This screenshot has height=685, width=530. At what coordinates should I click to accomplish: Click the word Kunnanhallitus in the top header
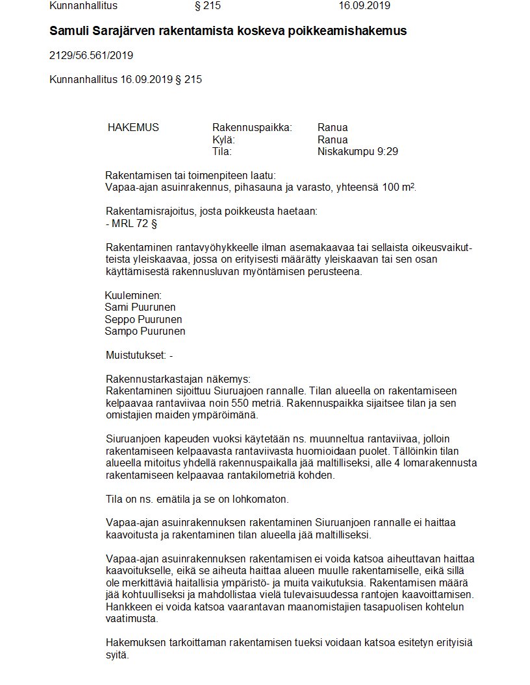click(x=82, y=6)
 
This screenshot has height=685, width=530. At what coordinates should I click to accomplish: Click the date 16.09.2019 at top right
click(x=364, y=6)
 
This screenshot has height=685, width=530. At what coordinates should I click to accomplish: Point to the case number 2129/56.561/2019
click(x=92, y=56)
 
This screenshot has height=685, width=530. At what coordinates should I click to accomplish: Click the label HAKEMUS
click(x=133, y=127)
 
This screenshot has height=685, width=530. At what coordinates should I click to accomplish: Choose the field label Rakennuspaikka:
click(x=252, y=127)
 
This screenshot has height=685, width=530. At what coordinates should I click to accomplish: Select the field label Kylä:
click(x=223, y=139)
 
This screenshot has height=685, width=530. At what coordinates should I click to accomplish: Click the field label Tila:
click(x=222, y=152)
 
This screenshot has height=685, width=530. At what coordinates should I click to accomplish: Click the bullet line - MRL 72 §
click(x=131, y=224)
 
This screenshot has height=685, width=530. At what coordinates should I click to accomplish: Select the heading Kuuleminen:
click(x=132, y=295)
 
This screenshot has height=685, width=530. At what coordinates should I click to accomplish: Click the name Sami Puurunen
click(x=140, y=307)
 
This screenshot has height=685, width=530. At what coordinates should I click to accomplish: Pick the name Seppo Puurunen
click(x=143, y=319)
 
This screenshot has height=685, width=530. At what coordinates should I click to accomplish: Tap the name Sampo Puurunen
click(x=145, y=331)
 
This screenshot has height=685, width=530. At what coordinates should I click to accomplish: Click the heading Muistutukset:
click(x=135, y=355)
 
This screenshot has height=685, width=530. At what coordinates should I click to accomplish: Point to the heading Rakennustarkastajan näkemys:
click(x=177, y=379)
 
